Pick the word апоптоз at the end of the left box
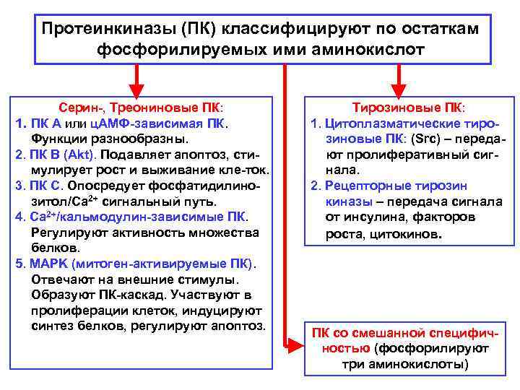point(240,326)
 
